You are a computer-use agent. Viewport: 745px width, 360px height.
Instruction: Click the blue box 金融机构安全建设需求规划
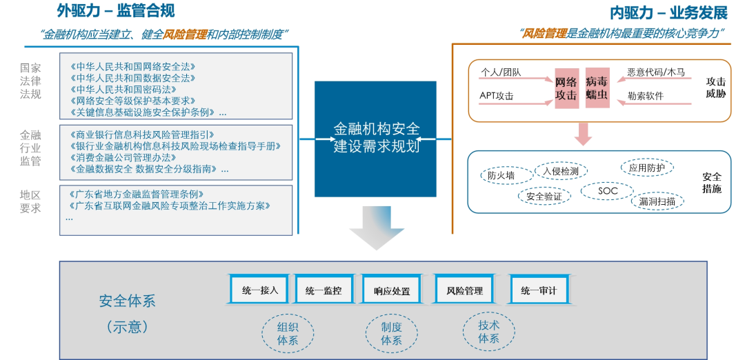pos(376,139)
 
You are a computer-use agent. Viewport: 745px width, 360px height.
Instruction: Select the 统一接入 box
pos(260,290)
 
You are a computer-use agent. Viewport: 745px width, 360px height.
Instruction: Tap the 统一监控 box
pos(324,290)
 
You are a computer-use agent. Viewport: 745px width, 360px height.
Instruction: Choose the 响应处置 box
pos(392,290)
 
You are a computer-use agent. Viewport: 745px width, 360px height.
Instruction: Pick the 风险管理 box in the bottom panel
pos(464,290)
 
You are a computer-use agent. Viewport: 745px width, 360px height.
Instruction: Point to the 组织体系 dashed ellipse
pos(288,333)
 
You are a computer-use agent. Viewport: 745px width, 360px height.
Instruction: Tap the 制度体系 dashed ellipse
pos(391,333)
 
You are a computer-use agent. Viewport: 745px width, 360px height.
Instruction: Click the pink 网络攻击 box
pos(566,88)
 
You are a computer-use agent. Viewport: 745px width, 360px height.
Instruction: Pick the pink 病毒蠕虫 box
pos(597,88)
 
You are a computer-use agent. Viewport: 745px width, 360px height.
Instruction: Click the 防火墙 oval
pos(501,175)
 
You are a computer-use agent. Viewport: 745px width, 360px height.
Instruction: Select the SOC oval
pos(608,190)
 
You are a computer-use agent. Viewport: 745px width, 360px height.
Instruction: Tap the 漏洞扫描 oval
pos(657,201)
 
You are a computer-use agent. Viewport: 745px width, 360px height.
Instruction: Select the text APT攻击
pos(497,96)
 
